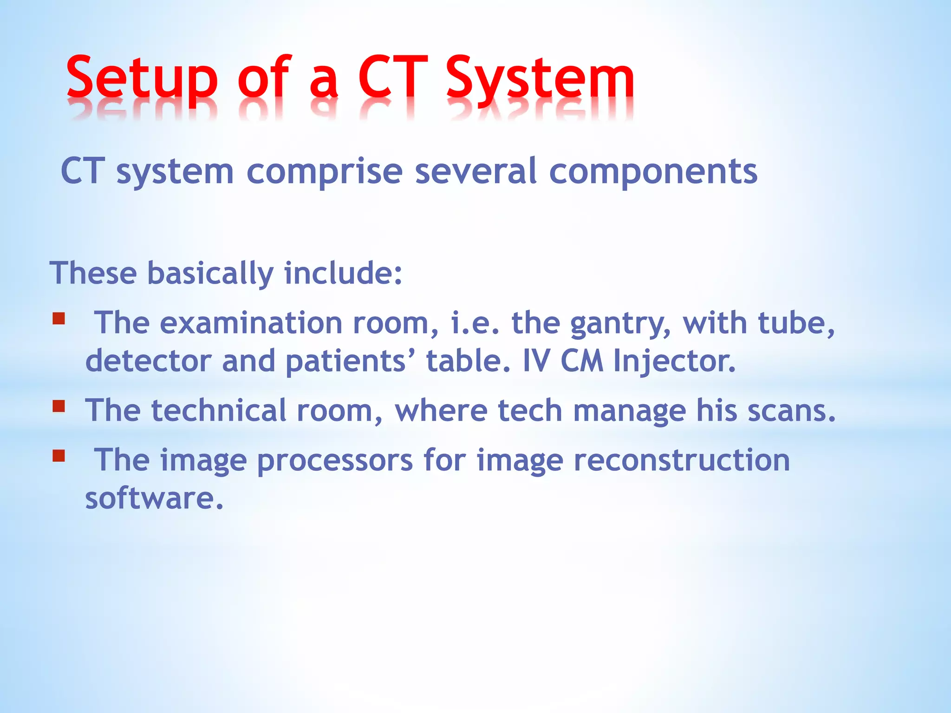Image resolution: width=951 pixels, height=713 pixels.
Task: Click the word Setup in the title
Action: tap(142, 79)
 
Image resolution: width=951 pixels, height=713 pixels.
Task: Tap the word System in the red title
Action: tap(540, 79)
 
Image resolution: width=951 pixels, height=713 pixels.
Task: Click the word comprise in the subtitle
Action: tap(324, 172)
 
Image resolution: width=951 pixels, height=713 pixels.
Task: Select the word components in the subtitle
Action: tap(653, 172)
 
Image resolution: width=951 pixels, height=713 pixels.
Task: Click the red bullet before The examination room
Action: tap(59, 319)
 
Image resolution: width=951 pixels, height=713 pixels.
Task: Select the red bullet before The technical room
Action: tap(59, 407)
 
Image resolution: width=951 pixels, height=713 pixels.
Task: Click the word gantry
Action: tap(620, 324)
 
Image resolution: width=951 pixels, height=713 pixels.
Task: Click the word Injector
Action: tap(674, 361)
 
